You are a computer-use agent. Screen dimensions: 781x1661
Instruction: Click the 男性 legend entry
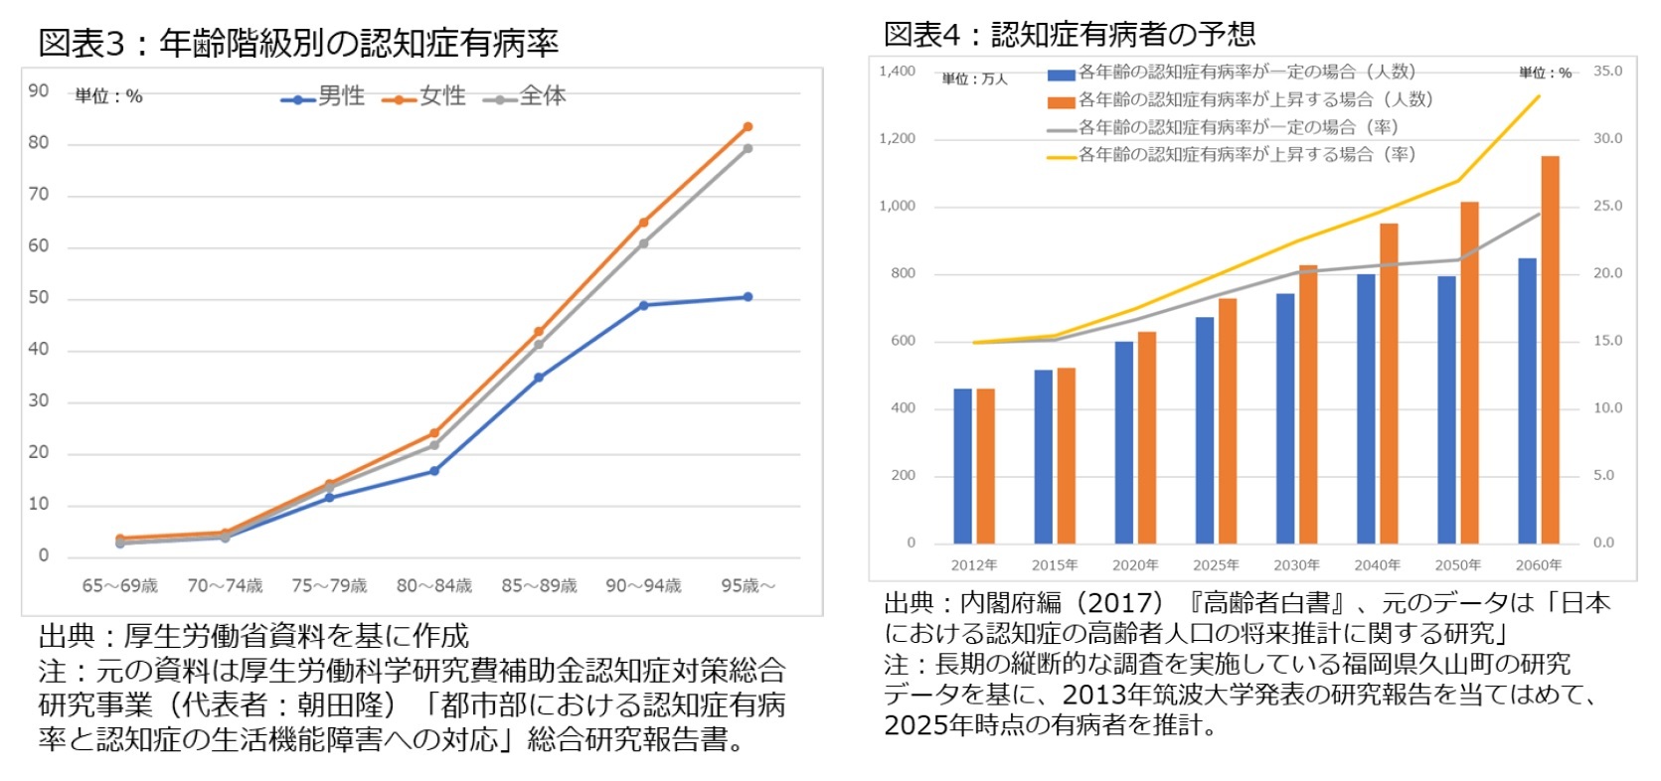pyautogui.click(x=323, y=96)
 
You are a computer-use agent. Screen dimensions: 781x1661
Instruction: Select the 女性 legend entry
pyautogui.click(x=424, y=96)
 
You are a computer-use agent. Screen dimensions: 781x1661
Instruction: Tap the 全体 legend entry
pyautogui.click(x=525, y=96)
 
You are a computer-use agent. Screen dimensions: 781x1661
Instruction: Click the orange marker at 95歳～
pyautogui.click(x=747, y=127)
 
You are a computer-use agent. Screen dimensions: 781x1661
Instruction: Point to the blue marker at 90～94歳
pyautogui.click(x=643, y=305)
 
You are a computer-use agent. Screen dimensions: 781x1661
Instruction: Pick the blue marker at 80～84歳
pyautogui.click(x=434, y=471)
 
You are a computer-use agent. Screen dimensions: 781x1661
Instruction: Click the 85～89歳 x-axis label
pyautogui.click(x=539, y=586)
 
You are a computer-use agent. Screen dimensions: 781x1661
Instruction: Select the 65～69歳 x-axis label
pyautogui.click(x=119, y=586)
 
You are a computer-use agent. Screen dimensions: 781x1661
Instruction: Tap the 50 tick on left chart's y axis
pyautogui.click(x=39, y=298)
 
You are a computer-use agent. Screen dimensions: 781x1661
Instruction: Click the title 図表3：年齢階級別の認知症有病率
pyautogui.click(x=298, y=43)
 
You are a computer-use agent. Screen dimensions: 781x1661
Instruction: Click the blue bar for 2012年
pyautogui.click(x=962, y=466)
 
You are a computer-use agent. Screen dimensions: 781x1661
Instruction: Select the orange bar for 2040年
pyautogui.click(x=1389, y=384)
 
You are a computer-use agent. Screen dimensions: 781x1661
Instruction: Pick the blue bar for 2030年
pyautogui.click(x=1285, y=418)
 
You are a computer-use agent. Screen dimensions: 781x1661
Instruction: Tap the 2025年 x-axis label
pyautogui.click(x=1216, y=565)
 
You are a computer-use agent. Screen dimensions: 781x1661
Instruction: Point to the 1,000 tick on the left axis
pyautogui.click(x=897, y=207)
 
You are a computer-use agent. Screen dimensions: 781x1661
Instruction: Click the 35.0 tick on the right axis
pyautogui.click(x=1607, y=72)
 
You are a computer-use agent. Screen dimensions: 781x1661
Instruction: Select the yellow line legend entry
pyautogui.click(x=1233, y=155)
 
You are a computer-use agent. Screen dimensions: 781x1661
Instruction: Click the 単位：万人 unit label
pyautogui.click(x=974, y=78)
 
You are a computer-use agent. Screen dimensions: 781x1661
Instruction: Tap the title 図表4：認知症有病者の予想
pyautogui.click(x=1070, y=35)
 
